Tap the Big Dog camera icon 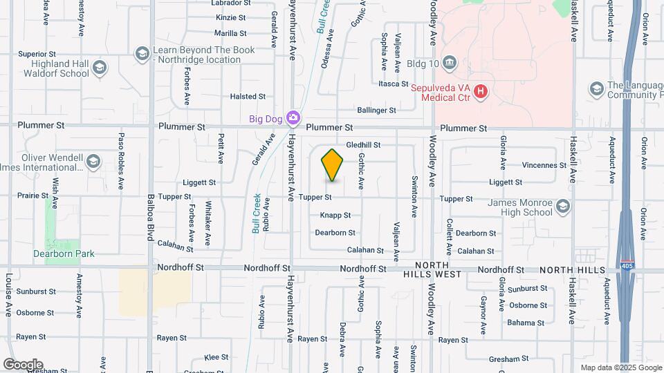pyautogui.click(x=294, y=118)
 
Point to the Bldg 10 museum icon pyautogui.click(x=450, y=64)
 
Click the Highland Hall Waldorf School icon pyautogui.click(x=100, y=68)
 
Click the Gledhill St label pyautogui.click(x=363, y=145)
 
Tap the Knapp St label pyautogui.click(x=335, y=216)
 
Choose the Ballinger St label pyautogui.click(x=376, y=110)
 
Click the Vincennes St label pyautogui.click(x=544, y=165)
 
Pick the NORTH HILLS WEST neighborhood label pyautogui.click(x=432, y=269)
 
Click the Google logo pyautogui.click(x=23, y=365)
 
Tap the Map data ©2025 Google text pyautogui.click(x=620, y=367)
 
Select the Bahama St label pyautogui.click(x=526, y=323)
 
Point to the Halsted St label pyautogui.click(x=248, y=97)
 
